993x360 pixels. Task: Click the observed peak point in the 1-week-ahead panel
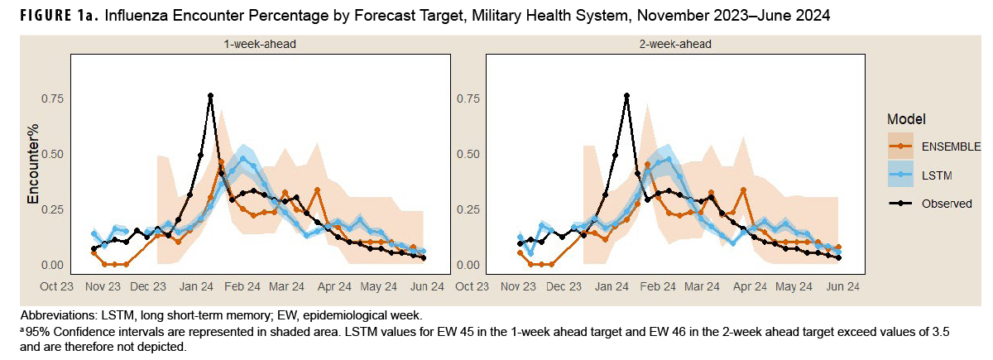(211, 96)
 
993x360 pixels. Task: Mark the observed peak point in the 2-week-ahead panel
(627, 96)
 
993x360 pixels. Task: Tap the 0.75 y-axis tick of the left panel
(51, 98)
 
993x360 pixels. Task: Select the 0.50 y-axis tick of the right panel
(468, 154)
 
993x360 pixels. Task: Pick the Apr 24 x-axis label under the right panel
(750, 286)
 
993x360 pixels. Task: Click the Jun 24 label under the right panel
(842, 286)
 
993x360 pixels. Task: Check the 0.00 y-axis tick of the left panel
(51, 265)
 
